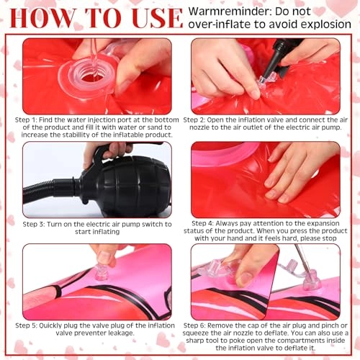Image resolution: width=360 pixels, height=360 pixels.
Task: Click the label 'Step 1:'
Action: pyautogui.click(x=26, y=120)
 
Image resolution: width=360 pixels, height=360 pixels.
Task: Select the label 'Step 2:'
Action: pyautogui.click(x=194, y=120)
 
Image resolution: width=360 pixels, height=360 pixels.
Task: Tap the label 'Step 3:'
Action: pyautogui.click(x=34, y=225)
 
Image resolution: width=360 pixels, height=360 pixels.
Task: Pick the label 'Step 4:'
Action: pyautogui.click(x=202, y=223)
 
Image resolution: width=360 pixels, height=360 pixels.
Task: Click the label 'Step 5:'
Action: pyautogui.click(x=26, y=325)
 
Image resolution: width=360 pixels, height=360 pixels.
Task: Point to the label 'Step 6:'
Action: pyautogui.click(x=194, y=325)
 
